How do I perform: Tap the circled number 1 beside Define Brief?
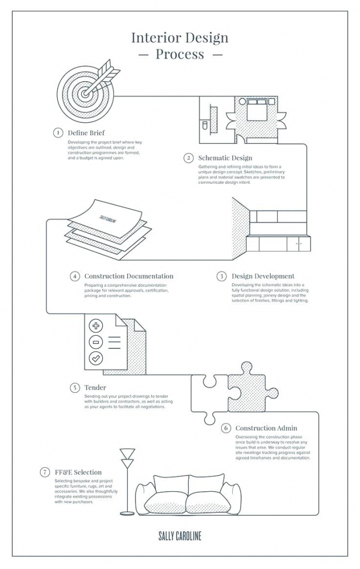point(58,133)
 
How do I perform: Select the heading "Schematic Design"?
point(225,158)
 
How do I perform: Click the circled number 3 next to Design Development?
point(221,276)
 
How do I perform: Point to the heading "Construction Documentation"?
point(129,276)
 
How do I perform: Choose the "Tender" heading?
point(95,387)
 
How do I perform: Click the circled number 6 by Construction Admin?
point(226,428)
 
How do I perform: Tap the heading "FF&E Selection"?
point(78,472)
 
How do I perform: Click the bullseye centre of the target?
point(85,93)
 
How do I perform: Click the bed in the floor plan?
point(257,109)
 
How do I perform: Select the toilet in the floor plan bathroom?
point(204,126)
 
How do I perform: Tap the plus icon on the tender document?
point(96,326)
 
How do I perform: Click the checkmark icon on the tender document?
point(96,358)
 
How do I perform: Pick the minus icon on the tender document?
point(96,342)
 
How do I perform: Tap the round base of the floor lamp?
point(127,513)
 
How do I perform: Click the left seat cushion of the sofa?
point(166,502)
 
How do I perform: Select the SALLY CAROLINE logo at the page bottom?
point(179,536)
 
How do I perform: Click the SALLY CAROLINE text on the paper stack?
point(108,219)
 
